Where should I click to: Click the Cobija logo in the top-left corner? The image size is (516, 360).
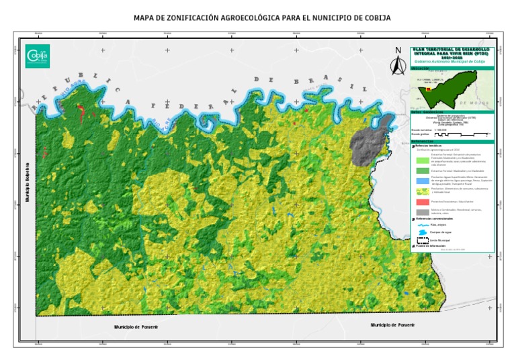37,56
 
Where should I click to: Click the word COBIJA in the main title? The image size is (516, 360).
374,17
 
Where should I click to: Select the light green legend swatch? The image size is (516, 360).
422,160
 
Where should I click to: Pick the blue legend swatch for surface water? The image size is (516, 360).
422,180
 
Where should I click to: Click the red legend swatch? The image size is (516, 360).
422,201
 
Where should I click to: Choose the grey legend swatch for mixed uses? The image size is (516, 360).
422,212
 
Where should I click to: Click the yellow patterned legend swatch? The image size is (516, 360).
422,191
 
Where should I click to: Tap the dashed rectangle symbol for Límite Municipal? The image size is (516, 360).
422,240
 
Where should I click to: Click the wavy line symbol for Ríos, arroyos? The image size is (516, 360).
422,225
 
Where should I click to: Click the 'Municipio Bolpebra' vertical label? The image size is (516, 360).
28,182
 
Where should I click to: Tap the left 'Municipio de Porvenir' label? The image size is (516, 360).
136,327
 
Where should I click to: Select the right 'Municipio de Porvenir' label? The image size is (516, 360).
396,325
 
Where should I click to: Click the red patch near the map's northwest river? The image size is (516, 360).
82,111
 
